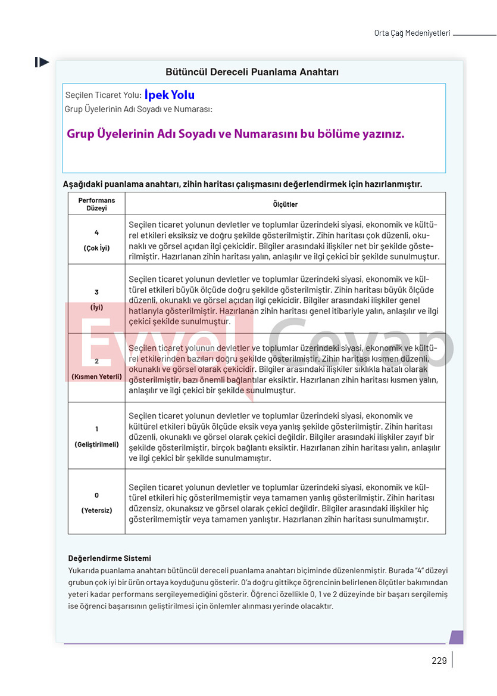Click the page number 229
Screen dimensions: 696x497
click(439, 660)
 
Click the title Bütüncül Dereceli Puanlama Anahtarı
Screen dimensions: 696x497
click(252, 72)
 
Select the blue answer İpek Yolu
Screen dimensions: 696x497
click(170, 95)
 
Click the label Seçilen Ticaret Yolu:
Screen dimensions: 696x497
click(103, 95)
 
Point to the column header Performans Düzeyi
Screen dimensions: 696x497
click(96, 204)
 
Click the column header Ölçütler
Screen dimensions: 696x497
click(285, 204)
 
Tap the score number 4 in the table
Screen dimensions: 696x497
click(96, 233)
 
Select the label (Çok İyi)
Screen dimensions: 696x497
click(96, 248)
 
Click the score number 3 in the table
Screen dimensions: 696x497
click(96, 292)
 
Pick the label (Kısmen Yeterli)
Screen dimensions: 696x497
click(96, 377)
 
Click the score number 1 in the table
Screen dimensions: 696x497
click(96, 429)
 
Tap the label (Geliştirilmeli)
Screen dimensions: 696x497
click(96, 445)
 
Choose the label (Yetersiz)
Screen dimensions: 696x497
click(96, 510)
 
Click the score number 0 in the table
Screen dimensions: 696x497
click(96, 495)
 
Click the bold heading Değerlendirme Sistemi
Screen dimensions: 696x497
click(110, 558)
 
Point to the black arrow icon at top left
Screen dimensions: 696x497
click(42, 62)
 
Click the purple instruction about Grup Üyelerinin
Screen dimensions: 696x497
click(235, 134)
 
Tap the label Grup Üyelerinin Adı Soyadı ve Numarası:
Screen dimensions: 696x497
click(138, 109)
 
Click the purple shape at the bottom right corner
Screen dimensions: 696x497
click(456, 637)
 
